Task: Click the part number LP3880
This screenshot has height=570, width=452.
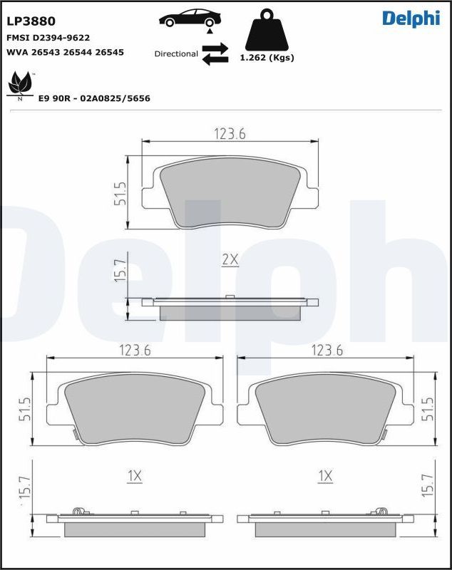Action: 31,21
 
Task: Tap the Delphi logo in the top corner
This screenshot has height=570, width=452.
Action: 411,19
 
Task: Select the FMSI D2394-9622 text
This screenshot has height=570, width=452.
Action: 48,37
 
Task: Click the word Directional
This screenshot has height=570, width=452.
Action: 176,53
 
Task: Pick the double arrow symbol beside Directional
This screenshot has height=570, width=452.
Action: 215,53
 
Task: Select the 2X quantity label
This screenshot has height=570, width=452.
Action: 230,260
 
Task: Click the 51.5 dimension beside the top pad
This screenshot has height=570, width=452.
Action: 120,193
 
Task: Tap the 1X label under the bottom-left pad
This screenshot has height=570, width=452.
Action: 135,475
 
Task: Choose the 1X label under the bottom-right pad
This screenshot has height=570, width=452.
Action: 326,475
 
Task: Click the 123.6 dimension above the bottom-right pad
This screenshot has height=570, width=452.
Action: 327,350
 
